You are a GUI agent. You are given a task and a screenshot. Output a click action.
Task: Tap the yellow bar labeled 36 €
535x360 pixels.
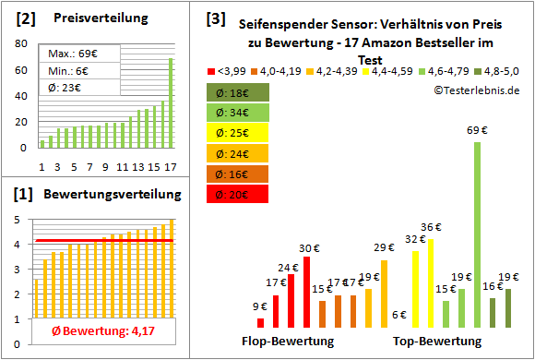tap(430, 282)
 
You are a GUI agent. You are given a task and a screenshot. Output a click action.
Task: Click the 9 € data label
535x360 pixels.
tap(260, 306)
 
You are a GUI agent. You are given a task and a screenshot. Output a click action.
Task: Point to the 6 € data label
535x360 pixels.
tap(399, 315)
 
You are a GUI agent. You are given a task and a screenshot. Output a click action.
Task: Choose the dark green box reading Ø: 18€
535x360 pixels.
tap(238, 92)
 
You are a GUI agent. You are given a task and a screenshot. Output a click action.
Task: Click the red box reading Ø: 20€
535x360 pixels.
tap(238, 194)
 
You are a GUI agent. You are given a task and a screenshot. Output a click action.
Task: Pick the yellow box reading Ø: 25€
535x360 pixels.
tap(238, 133)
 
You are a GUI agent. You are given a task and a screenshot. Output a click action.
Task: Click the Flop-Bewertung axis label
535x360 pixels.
tap(287, 342)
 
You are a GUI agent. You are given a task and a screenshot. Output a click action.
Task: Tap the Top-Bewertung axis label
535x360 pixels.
tap(437, 342)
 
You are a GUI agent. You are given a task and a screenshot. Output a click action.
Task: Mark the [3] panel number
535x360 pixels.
tap(214, 18)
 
